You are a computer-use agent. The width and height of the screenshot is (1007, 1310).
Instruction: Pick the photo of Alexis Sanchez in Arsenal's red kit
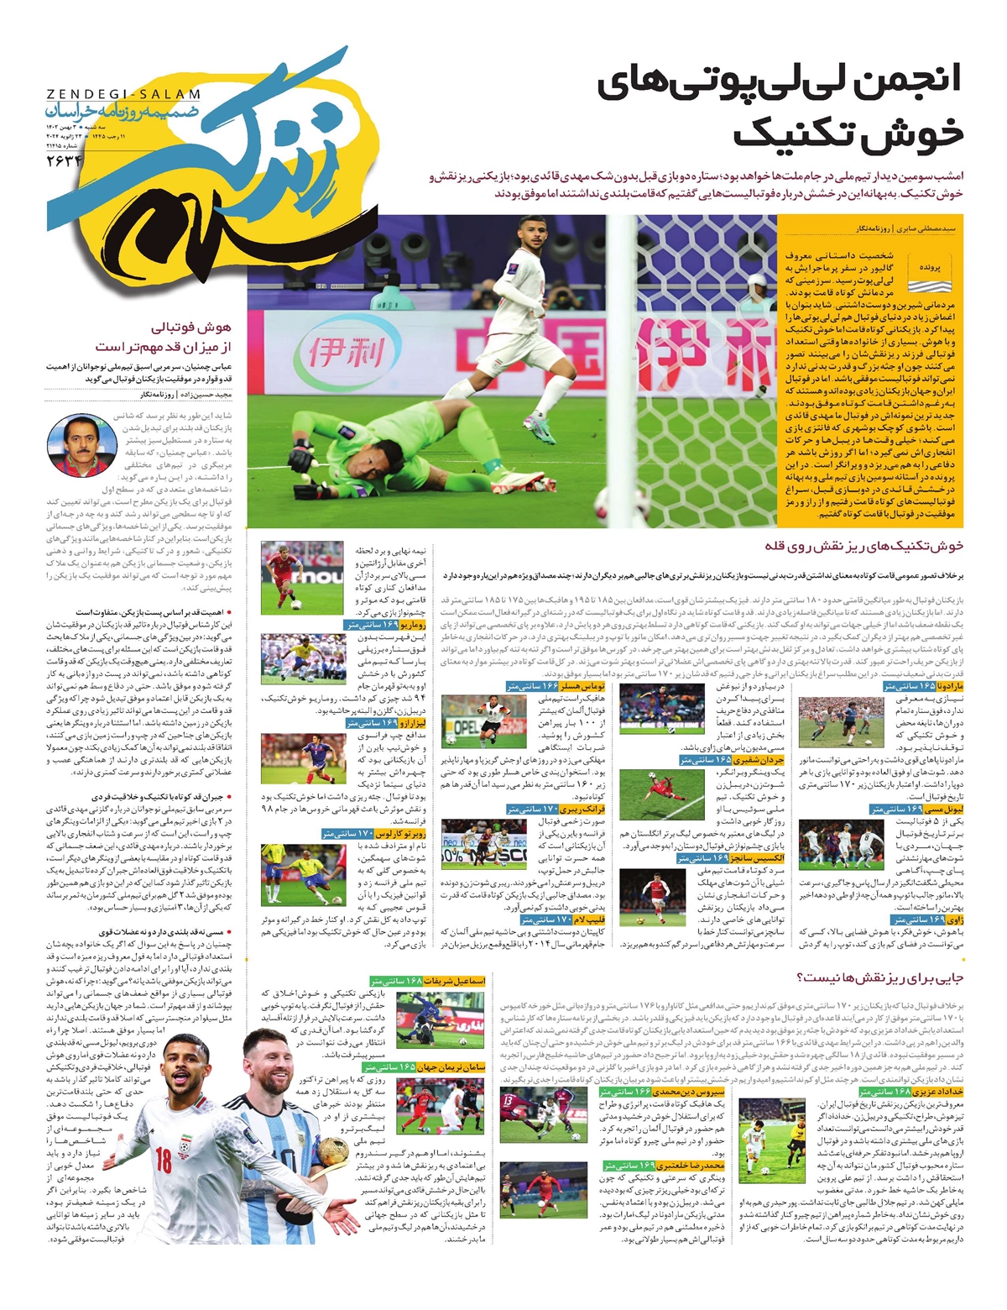pos(650,896)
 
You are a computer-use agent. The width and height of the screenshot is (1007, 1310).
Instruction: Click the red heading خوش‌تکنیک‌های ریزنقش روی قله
pos(864,546)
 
